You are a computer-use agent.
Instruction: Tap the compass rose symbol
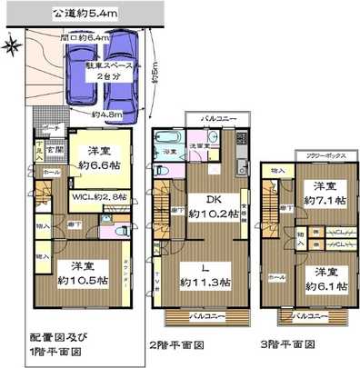pyautogui.click(x=10, y=46)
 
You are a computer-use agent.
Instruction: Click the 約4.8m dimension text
pyautogui.click(x=106, y=114)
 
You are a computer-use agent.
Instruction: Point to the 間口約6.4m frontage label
pyautogui.click(x=84, y=38)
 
